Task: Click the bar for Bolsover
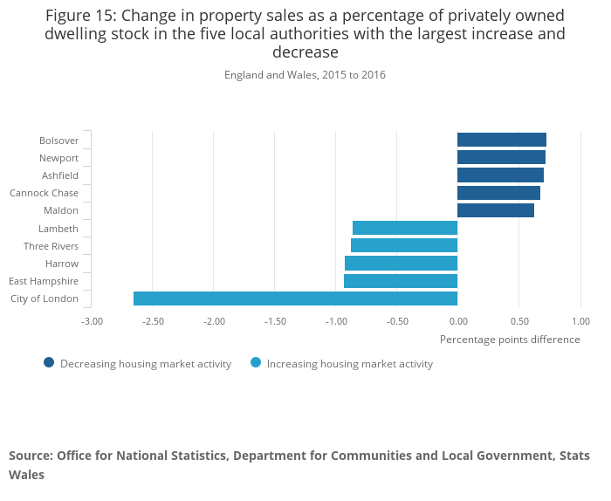point(502,140)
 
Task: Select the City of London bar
point(295,299)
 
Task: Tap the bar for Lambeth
point(405,228)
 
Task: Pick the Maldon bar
point(496,210)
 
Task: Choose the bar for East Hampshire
point(401,281)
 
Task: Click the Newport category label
point(58,158)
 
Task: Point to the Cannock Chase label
point(44,193)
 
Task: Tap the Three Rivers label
point(51,246)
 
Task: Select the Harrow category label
point(62,264)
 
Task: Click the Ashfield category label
point(60,175)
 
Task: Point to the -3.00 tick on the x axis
point(92,321)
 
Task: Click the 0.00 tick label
point(457,321)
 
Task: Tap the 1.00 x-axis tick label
point(580,321)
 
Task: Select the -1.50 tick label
point(275,321)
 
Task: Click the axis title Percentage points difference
point(510,340)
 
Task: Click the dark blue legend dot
point(49,363)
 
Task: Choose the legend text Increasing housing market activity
point(349,364)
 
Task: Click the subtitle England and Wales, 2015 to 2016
point(305,75)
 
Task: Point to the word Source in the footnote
point(31,456)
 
